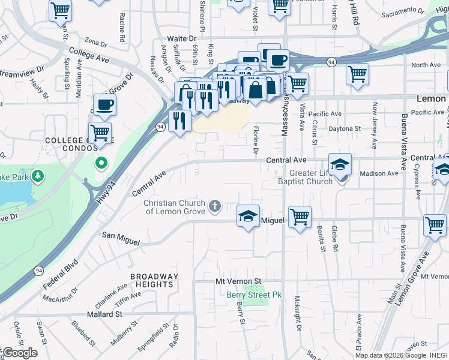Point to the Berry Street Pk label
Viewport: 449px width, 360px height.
click(x=254, y=295)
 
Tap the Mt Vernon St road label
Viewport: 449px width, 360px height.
click(x=239, y=281)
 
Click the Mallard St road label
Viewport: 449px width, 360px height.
click(x=103, y=314)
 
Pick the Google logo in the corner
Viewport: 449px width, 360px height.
click(x=19, y=353)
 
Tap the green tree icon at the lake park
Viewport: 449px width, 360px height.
click(x=37, y=176)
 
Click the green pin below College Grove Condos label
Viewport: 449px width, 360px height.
click(x=101, y=162)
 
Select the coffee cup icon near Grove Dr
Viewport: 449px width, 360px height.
click(x=104, y=104)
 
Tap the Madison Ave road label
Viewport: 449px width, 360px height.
click(x=379, y=173)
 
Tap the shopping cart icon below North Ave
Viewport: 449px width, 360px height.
click(x=357, y=74)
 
